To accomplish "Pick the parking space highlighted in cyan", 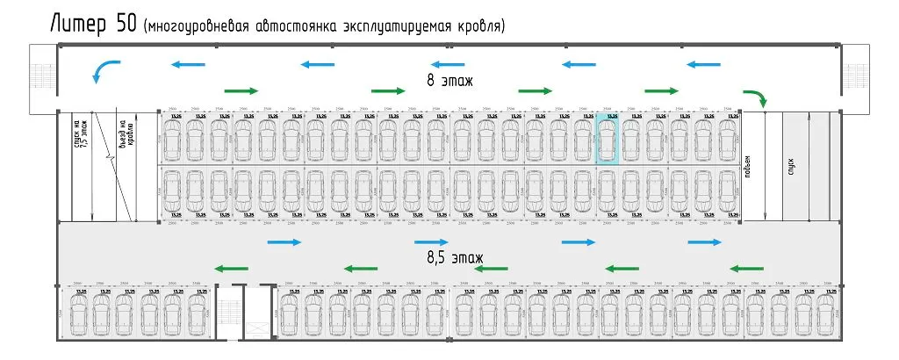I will click(607, 139).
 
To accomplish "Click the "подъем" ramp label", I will click(747, 165).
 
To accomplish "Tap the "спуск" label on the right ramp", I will click(790, 165).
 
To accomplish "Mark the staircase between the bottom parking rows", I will click(231, 312).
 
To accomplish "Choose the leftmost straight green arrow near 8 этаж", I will click(241, 90).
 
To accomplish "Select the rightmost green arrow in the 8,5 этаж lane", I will click(746, 269).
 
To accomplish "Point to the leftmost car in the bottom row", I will click(71, 313).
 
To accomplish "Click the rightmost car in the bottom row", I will click(825, 313).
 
